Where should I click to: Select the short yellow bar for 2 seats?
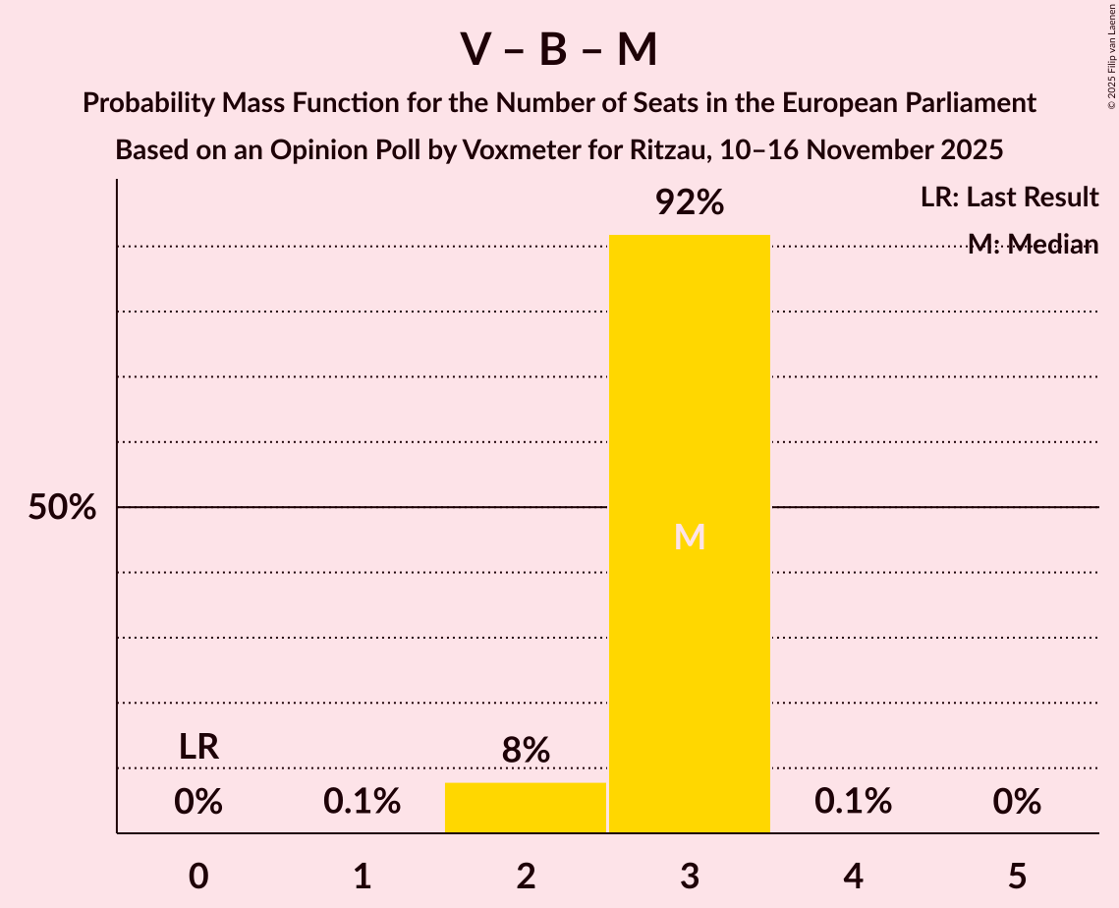click(526, 808)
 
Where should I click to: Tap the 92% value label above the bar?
click(690, 203)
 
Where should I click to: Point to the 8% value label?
click(526, 751)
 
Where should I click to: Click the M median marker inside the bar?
click(690, 538)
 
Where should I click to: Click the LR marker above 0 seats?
click(198, 747)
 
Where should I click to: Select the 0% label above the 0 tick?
click(198, 803)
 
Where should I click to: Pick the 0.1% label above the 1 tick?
click(362, 803)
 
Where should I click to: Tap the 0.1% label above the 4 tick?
click(853, 803)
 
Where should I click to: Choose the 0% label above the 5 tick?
click(1017, 803)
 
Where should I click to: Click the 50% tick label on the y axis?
click(62, 508)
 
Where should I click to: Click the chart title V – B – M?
click(559, 50)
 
